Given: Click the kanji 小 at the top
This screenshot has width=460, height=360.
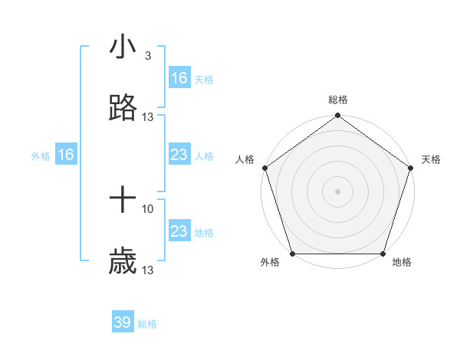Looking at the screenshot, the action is pos(123,47).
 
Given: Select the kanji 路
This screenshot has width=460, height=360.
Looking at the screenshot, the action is pos(123,109).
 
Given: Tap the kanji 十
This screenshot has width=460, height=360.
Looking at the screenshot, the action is pos(123,201).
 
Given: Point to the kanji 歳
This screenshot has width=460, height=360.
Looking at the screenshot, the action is pos(123,263).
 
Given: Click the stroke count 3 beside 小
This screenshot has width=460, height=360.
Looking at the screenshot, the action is pos(147,56).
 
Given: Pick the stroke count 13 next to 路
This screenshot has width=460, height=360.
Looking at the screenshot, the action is pos(148,117).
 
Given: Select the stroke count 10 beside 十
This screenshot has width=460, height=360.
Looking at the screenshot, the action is pos(148,208).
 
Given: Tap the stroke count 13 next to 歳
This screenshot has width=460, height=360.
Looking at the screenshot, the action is pos(148,270).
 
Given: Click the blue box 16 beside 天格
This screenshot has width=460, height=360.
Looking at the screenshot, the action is pos(179,78).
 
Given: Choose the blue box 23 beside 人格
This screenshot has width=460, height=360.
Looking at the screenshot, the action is pos(179,155).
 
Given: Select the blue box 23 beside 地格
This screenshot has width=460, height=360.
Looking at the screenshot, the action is pos(179,232).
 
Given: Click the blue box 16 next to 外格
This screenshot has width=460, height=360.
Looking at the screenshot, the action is pos(66,155).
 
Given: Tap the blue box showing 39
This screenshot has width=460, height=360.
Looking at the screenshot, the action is pos(123,322).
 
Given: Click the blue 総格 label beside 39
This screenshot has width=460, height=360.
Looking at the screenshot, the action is pos(148,324).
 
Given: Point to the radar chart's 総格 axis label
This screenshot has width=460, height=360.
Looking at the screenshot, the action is pos(338,100).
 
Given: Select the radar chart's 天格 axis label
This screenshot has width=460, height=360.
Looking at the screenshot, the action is pos(432,159).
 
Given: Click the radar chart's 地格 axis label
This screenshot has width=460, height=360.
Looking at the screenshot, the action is pos(402,263).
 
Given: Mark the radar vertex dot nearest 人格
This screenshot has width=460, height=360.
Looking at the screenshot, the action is pos(264,168).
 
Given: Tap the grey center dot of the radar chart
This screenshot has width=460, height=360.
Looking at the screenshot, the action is pos(338,191).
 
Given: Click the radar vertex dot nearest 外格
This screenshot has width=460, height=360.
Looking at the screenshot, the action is pos(293,254).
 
